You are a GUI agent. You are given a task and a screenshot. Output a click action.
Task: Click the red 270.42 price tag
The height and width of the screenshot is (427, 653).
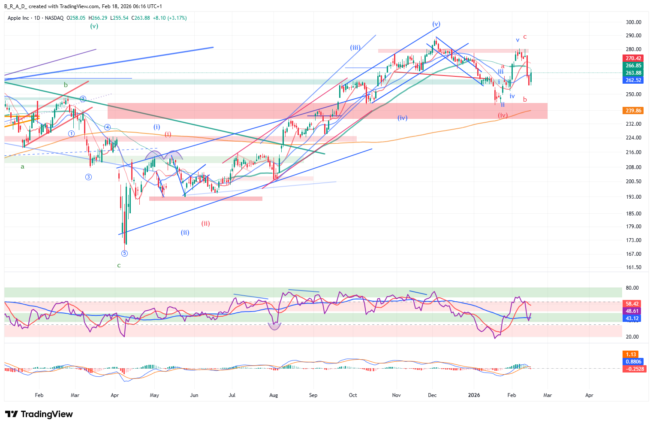click(633, 58)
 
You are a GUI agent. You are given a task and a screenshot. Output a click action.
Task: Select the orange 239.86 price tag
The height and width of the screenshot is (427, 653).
click(633, 111)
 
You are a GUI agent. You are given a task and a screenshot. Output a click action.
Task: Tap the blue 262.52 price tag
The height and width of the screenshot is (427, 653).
click(633, 80)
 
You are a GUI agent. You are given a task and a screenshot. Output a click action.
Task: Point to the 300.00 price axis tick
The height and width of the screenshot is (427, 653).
click(633, 22)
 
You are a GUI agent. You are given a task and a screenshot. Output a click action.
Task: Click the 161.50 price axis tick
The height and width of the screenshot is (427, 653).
click(633, 267)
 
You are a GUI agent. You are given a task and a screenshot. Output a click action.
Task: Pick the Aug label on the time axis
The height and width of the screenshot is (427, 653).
click(274, 395)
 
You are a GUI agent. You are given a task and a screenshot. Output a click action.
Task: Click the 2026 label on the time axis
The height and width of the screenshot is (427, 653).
click(474, 395)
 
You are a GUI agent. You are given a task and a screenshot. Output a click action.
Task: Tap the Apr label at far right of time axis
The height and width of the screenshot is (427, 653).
click(589, 395)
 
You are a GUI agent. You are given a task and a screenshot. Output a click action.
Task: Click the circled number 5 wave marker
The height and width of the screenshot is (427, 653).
click(124, 253)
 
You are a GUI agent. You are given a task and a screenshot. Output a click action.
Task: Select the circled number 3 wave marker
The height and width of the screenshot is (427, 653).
click(88, 177)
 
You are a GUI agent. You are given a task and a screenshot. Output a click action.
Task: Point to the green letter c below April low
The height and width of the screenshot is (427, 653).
click(119, 266)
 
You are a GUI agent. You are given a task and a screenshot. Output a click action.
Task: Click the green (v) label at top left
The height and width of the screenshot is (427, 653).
click(94, 26)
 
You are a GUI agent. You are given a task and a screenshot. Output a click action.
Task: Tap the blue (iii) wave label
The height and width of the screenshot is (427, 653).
click(355, 48)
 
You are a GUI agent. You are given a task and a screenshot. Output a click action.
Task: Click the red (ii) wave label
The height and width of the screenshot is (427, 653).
click(206, 224)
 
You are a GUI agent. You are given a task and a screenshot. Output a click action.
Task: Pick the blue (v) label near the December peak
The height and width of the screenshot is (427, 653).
click(436, 24)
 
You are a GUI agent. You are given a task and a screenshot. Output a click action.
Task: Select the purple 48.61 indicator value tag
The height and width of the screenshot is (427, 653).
click(632, 311)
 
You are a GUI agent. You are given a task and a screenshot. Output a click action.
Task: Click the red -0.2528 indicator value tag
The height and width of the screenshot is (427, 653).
click(635, 369)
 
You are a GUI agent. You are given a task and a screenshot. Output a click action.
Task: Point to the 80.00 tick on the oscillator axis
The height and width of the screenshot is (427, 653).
click(632, 288)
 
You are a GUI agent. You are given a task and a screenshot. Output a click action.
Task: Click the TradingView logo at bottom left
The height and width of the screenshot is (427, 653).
click(39, 414)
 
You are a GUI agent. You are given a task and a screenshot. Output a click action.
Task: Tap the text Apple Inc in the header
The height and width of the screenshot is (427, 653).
click(18, 18)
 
